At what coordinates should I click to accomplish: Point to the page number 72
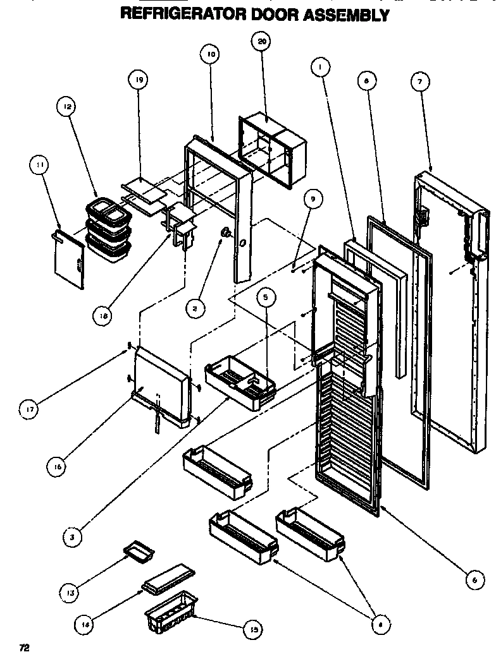pyautogui.click(x=24, y=648)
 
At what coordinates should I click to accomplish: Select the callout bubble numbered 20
pyautogui.click(x=261, y=42)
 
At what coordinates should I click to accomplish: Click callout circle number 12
pyautogui.click(x=68, y=107)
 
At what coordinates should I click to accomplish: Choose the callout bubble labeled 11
pyautogui.click(x=40, y=166)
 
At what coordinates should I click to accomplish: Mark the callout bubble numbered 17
pyautogui.click(x=30, y=409)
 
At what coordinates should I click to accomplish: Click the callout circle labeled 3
pyautogui.click(x=73, y=537)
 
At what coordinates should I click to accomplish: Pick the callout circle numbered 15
pyautogui.click(x=254, y=629)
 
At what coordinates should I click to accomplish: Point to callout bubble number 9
pyautogui.click(x=311, y=200)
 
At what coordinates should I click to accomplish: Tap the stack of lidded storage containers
pyautogui.click(x=107, y=230)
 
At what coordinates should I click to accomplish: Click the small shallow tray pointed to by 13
pyautogui.click(x=139, y=552)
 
